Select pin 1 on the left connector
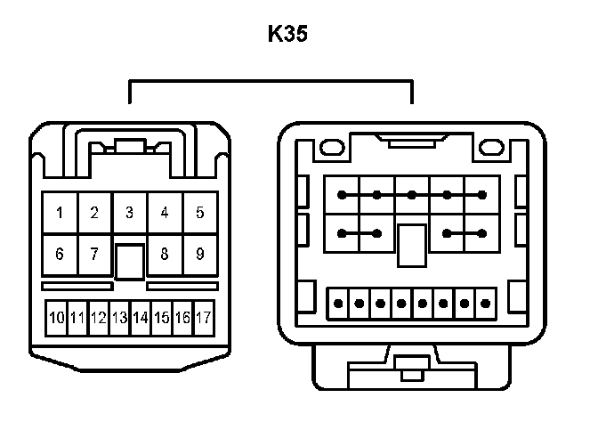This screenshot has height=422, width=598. pos(60,213)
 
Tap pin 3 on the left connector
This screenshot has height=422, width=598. pos(129,213)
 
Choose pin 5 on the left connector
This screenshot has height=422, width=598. pos(200,213)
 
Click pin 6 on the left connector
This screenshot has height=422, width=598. pos(60,254)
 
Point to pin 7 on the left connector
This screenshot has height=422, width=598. pos(94,254)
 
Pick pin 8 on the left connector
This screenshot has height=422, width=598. pos(165,254)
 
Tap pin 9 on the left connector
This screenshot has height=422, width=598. pos(200,254)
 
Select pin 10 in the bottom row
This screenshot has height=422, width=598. pos(56,317)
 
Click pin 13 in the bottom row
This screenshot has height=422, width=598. pos(119,317)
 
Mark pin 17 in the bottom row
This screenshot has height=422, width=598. pos(203,317)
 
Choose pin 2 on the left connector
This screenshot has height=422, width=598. pos(94,213)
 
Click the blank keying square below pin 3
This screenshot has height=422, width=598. pos(130,261)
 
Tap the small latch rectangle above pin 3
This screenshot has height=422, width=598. pos(130,147)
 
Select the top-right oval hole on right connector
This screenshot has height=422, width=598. pos(495,142)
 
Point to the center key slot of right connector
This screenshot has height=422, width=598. pos(410,245)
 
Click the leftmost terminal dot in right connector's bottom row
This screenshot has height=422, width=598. pos(338,303)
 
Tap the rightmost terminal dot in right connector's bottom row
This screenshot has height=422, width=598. pos(485,303)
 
